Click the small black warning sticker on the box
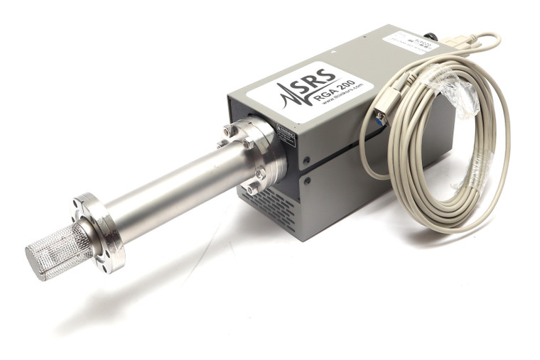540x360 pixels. tap(286, 137)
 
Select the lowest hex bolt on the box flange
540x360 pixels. tap(253, 189)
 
